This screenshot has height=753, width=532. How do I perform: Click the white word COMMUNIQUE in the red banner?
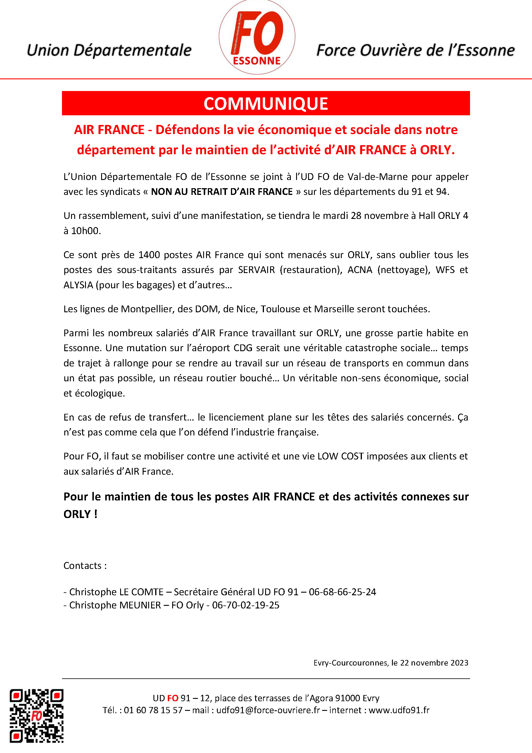point(266,104)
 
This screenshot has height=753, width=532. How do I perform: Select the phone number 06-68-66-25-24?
point(342,592)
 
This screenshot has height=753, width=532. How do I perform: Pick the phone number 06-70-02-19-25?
point(246,605)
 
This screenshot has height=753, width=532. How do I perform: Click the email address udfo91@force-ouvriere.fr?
point(268,710)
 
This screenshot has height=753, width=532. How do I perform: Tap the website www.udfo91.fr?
point(399,710)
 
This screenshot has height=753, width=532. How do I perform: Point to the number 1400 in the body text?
point(149,255)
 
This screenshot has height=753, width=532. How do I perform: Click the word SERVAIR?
point(257,270)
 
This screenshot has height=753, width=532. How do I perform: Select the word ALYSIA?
point(78,285)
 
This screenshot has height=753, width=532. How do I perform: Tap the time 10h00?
point(86,231)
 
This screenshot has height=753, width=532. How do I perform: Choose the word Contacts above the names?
point(82,566)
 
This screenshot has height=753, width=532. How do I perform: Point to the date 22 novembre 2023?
point(434,663)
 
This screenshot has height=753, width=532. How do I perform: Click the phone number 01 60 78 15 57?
point(153,710)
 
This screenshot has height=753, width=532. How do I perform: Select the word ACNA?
point(360,270)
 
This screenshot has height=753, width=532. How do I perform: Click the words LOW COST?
point(341,456)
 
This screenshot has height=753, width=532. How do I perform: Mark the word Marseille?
point(333,309)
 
